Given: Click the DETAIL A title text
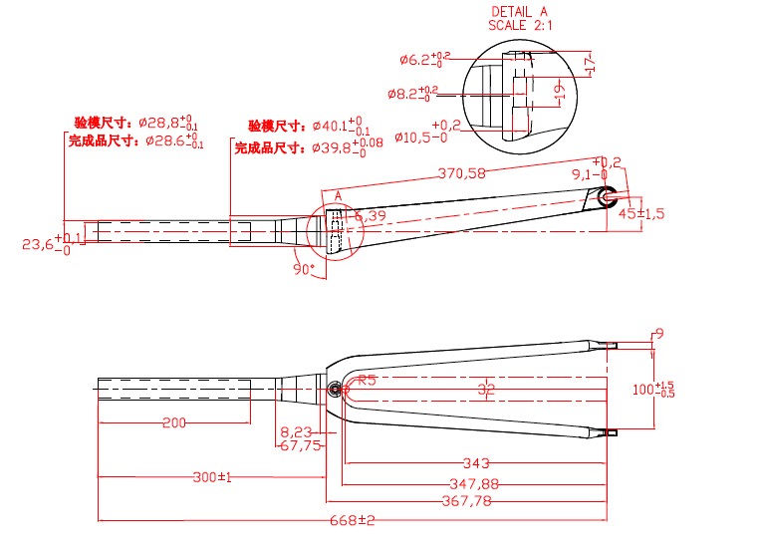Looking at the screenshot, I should click(519, 11).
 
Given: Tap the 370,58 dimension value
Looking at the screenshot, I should click(462, 173).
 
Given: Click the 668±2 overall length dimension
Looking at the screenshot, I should click(353, 521).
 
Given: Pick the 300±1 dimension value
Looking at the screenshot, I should click(211, 478).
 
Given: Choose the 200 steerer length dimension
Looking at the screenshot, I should click(173, 423).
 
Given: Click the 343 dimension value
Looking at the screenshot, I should click(476, 463).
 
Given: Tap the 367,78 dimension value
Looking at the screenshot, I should click(466, 501).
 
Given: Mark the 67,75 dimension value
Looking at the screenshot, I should click(300, 445).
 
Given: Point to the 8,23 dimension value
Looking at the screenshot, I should click(296, 432).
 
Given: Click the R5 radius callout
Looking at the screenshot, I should click(366, 380).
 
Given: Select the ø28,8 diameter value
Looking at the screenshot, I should click(163, 122).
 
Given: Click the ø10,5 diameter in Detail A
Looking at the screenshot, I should click(417, 138).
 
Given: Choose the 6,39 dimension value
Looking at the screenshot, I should click(370, 216).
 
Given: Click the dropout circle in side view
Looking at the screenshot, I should click(607, 196).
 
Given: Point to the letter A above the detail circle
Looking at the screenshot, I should click(339, 194).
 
